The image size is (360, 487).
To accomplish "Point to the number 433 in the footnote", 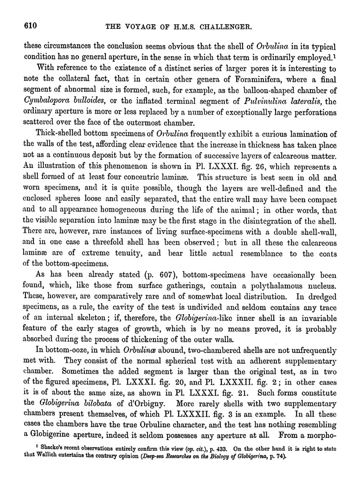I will pyautogui.click(x=209, y=449).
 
